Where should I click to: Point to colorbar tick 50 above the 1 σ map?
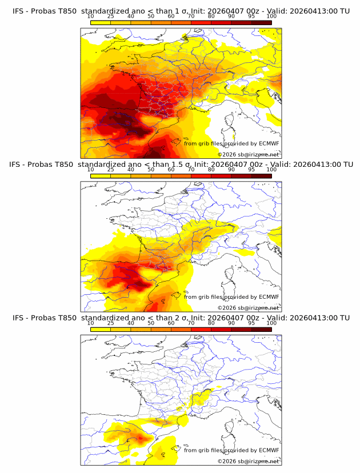[151, 16]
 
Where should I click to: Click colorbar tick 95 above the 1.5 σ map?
[251, 169]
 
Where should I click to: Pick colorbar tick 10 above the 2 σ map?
[90, 323]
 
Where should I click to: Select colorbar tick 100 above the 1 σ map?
[271, 16]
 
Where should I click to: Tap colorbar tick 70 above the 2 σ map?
[191, 323]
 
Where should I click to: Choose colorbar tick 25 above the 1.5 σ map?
[110, 169]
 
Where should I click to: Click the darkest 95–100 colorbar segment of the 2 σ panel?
[261, 329]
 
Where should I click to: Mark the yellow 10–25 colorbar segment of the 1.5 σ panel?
[101, 176]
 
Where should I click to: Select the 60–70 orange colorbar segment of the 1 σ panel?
[181, 22]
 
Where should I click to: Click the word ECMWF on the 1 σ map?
[269, 143]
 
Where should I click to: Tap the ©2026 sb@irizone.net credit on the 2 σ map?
[248, 461]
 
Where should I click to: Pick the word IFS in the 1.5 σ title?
[18, 165]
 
